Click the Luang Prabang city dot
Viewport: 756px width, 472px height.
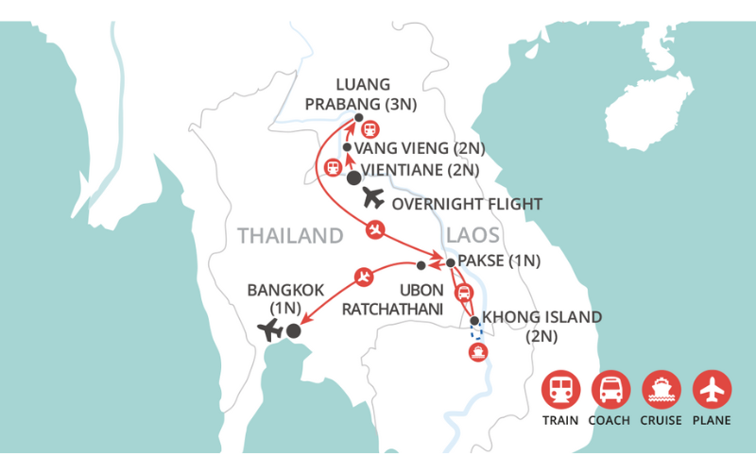358,118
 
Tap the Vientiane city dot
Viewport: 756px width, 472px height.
353,177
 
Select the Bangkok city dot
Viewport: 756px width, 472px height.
294,330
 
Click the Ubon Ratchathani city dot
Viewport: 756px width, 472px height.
421,265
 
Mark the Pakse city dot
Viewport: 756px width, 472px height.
451,262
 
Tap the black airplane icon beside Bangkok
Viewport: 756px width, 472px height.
270,330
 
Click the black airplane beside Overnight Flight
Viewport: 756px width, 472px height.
373,199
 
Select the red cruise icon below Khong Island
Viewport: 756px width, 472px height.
477,353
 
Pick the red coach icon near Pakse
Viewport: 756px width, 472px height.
463,292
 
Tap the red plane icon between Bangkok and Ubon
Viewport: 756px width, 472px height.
364,278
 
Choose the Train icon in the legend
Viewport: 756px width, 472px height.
560,389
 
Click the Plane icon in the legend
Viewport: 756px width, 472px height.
711,389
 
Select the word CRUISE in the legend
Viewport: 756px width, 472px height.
661,420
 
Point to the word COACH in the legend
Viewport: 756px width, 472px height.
610,420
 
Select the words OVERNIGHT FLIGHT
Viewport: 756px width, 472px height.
467,203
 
